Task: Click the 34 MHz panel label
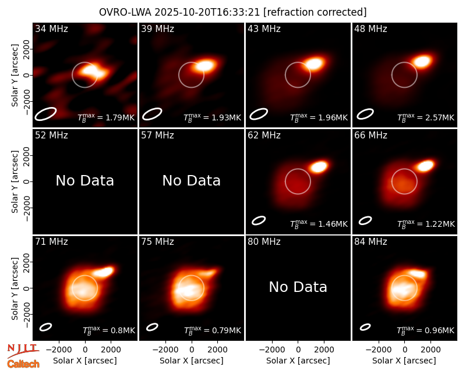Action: click(x=51, y=28)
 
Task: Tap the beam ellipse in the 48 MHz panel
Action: click(x=365, y=114)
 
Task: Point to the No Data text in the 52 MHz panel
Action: click(x=84, y=180)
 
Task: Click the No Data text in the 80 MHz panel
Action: click(x=298, y=287)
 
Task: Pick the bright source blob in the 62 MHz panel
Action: click(x=318, y=166)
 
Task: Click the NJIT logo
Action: click(x=23, y=351)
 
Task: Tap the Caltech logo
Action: click(x=23, y=364)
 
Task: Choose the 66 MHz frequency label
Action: click(x=370, y=135)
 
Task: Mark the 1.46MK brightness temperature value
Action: click(x=333, y=224)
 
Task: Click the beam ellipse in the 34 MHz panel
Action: click(x=45, y=114)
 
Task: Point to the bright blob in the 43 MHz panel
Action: click(x=314, y=63)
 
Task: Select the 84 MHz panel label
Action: click(x=370, y=242)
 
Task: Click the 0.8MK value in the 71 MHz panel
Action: click(x=123, y=330)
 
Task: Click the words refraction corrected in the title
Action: click(x=315, y=12)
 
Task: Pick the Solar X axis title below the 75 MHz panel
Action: click(x=192, y=361)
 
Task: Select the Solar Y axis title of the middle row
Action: click(x=15, y=181)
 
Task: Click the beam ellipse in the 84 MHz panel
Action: click(x=365, y=327)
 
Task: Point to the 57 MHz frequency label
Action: click(x=157, y=135)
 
